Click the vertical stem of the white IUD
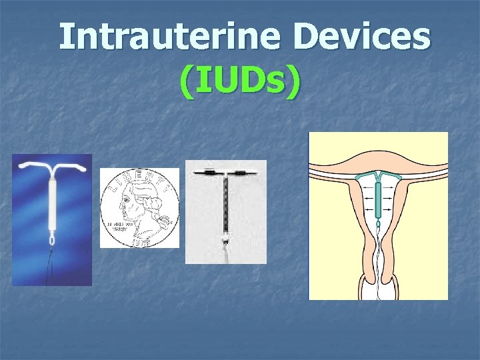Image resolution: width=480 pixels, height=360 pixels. (x=51, y=203)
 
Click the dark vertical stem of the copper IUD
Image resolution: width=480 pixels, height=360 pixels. (x=226, y=203)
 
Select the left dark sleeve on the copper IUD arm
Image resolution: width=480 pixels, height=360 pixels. (x=209, y=172)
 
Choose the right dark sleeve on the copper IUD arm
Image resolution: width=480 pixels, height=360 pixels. (x=243, y=172)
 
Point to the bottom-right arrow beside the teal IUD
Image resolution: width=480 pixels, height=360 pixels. (x=391, y=210)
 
